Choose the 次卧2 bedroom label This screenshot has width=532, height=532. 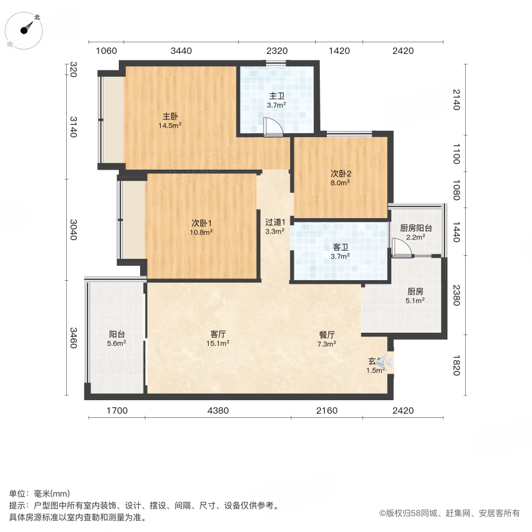tap(340, 174)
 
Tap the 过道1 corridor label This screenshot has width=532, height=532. tap(275, 222)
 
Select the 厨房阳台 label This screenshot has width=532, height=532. tap(416, 228)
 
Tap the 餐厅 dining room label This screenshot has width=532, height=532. tap(326, 333)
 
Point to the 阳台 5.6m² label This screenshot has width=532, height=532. tap(116, 338)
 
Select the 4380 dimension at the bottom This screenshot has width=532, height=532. tap(218, 410)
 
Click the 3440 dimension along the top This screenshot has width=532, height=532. tap(181, 51)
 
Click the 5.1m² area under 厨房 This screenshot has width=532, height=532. tap(414, 301)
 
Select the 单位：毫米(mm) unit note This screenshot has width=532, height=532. tap(39, 494)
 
